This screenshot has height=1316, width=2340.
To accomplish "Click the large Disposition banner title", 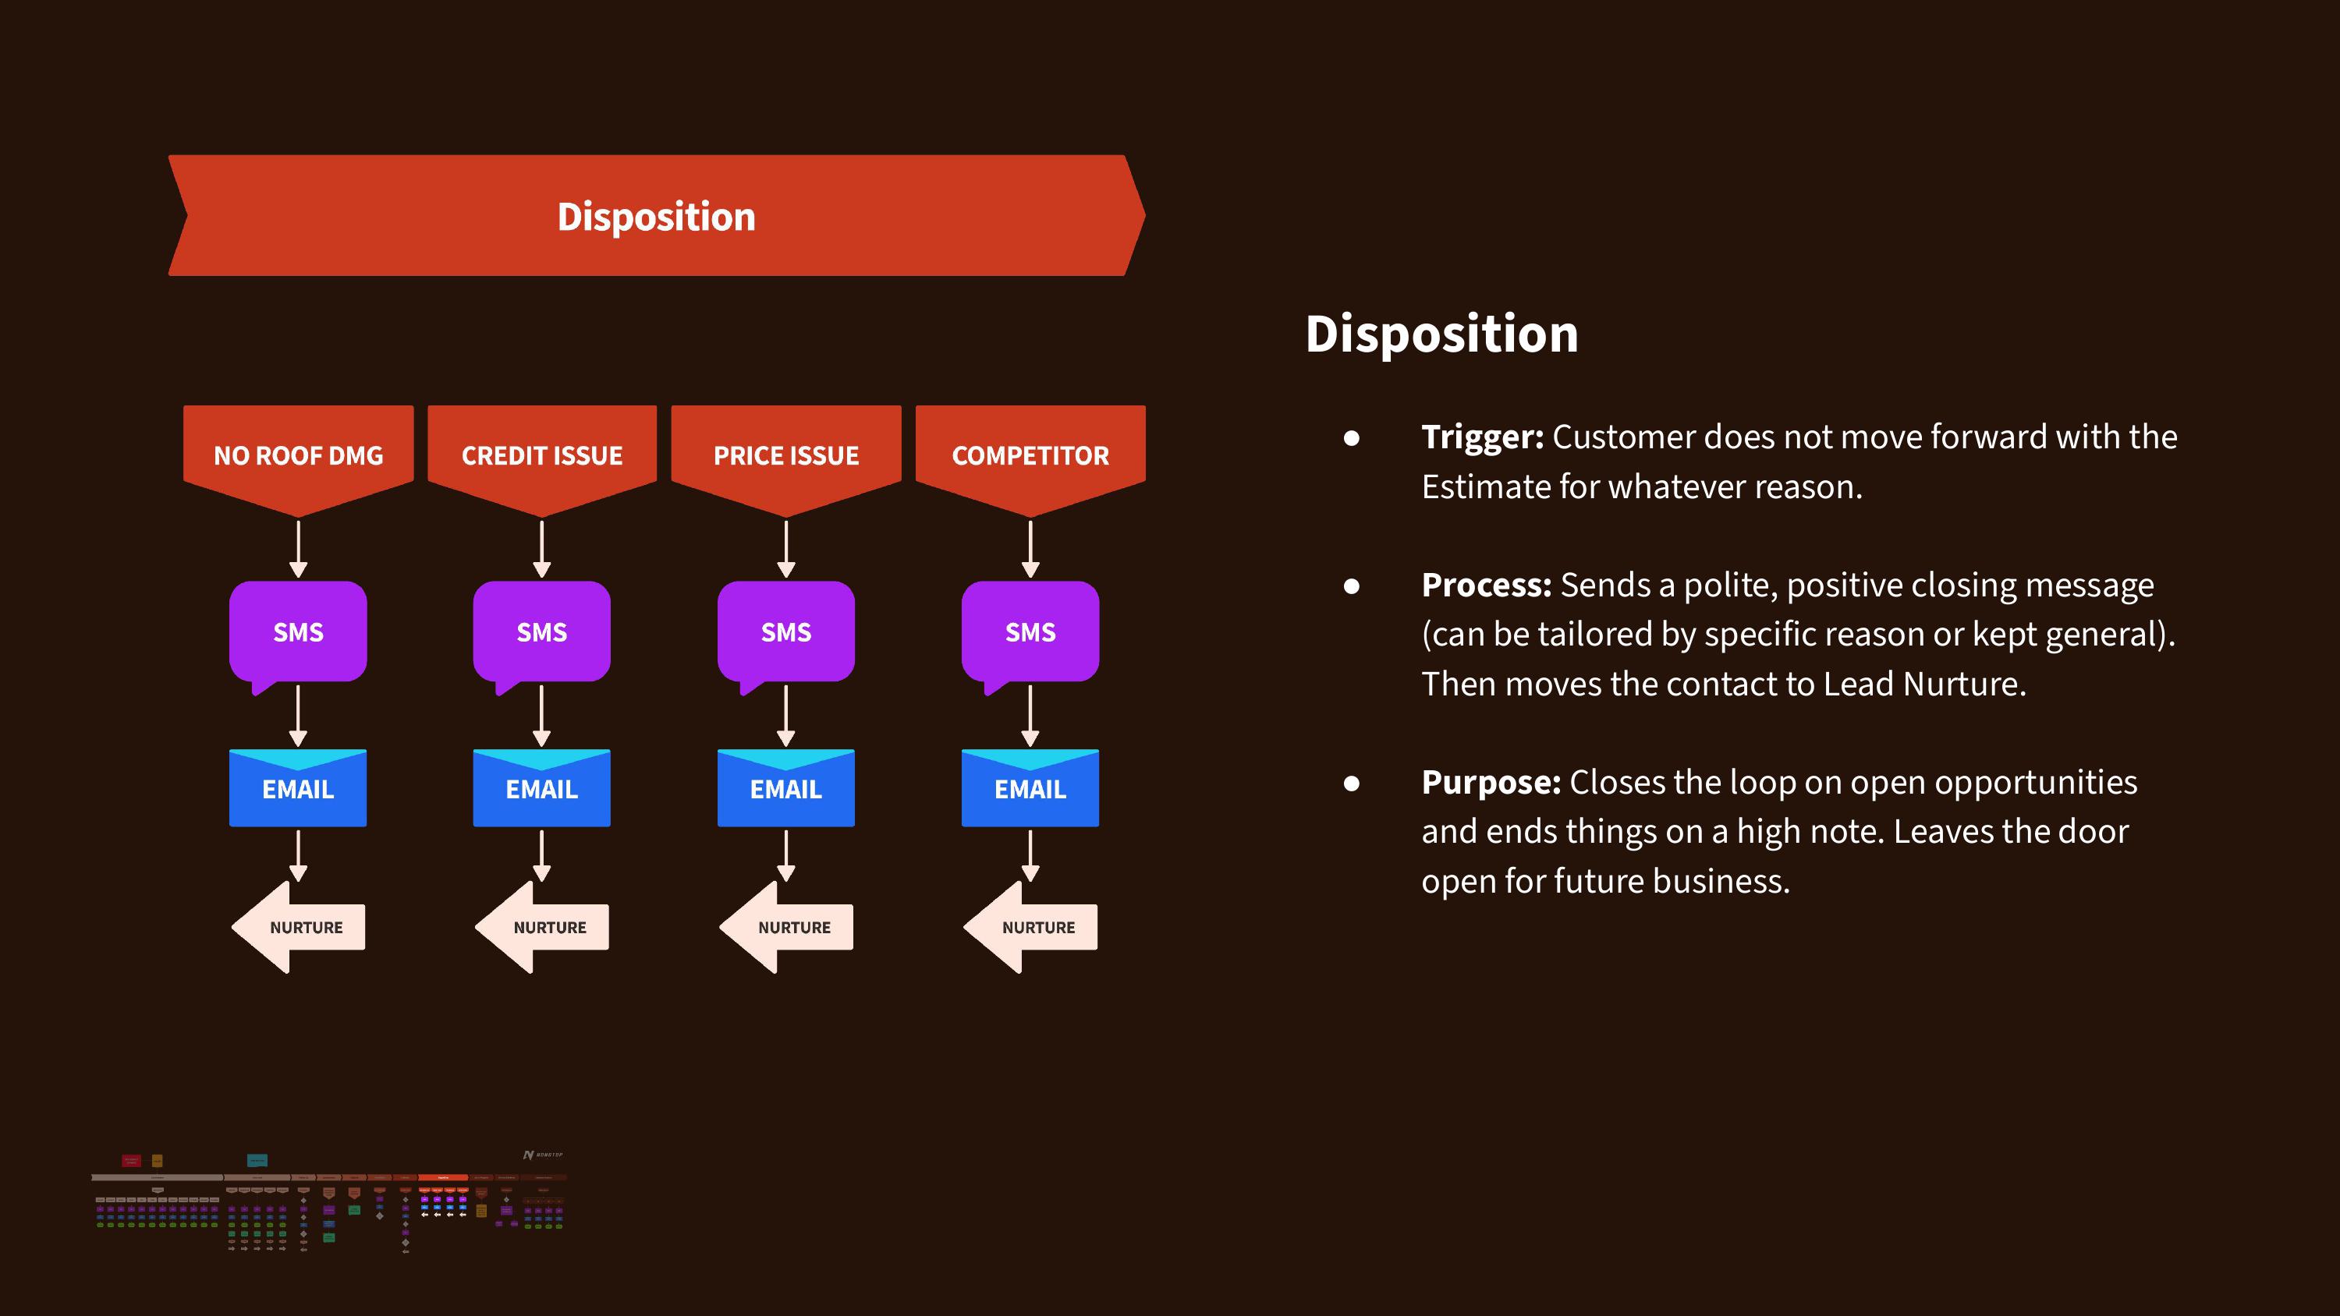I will (x=656, y=216).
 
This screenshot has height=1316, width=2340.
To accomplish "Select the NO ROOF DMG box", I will (x=298, y=454).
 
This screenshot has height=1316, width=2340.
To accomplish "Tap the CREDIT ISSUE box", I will (x=541, y=454).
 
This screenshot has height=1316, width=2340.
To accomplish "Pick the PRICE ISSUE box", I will (x=785, y=454).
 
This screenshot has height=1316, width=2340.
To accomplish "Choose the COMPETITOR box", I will (x=1030, y=454).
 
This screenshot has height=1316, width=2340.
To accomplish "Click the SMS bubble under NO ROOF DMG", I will (x=298, y=632).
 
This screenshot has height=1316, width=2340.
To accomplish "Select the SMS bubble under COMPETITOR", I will (x=1030, y=632).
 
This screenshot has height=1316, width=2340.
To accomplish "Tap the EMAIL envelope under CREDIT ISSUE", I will (x=541, y=788).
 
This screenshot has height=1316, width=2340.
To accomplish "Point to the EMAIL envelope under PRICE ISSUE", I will (x=785, y=788).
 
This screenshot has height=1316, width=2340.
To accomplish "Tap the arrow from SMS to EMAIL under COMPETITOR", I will (x=1030, y=715).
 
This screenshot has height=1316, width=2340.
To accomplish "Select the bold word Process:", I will (x=1486, y=585).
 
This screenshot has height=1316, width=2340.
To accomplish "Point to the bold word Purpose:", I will (x=1491, y=782).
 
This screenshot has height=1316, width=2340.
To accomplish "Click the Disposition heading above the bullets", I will (x=1441, y=334).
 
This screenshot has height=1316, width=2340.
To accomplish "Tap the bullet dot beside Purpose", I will (x=1352, y=783).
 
